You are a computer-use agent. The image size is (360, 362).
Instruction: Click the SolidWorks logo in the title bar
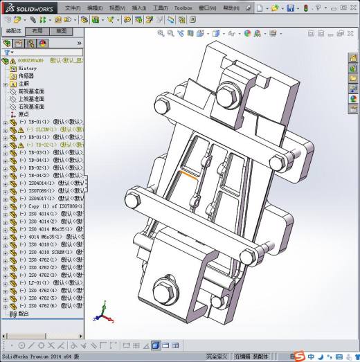tap(28, 8)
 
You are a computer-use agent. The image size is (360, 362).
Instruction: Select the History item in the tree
tap(28, 69)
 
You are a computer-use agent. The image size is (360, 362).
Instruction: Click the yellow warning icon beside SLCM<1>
tap(21, 129)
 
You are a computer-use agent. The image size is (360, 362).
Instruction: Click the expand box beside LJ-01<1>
tap(6, 282)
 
